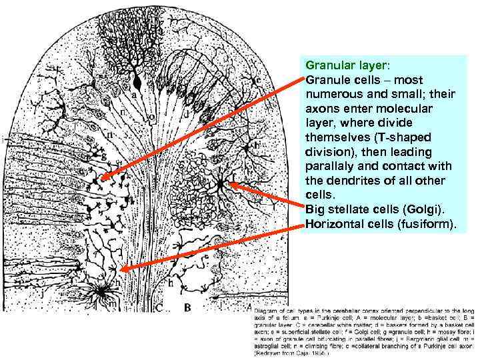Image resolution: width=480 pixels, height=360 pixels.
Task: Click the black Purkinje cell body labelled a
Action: (x=137, y=83)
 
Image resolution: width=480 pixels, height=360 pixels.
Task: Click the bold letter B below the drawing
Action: (x=189, y=307)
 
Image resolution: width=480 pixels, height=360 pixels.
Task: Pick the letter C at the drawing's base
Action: (x=160, y=307)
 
